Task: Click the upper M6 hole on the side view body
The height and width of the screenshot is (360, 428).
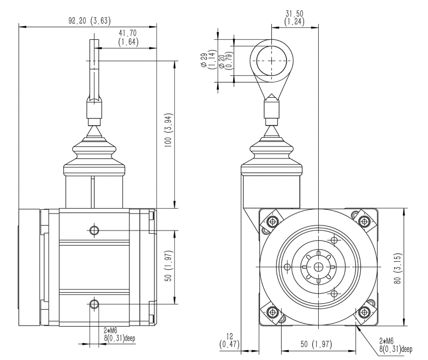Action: pyautogui.click(x=94, y=230)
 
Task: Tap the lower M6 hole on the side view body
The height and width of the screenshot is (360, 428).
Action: pyautogui.click(x=94, y=303)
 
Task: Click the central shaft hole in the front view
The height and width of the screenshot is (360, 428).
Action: pyautogui.click(x=317, y=267)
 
